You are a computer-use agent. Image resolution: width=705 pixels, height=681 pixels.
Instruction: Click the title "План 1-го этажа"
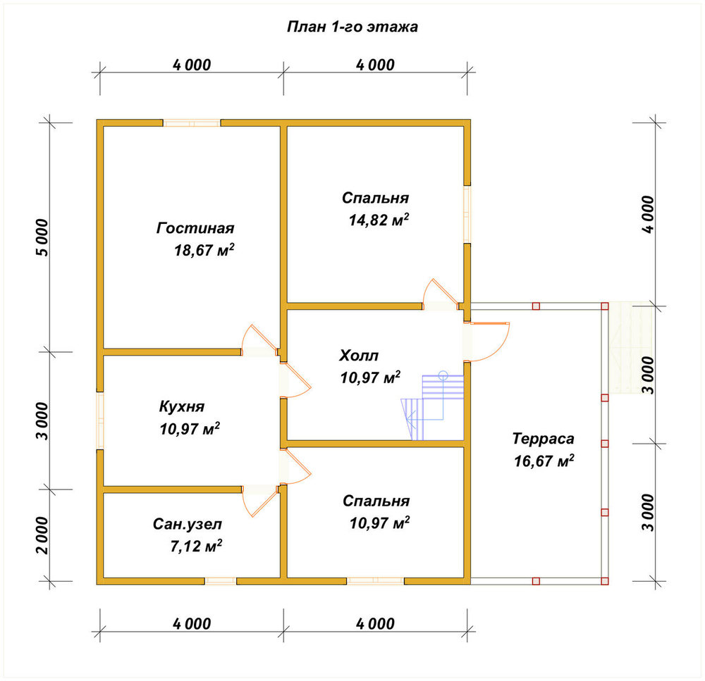click(352, 27)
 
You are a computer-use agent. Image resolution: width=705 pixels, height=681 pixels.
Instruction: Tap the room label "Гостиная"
click(195, 228)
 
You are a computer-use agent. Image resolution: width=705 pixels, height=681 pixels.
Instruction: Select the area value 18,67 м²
click(204, 250)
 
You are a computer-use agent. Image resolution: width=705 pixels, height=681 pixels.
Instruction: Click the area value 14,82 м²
click(379, 220)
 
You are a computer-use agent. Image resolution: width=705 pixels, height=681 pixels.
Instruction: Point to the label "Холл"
click(359, 356)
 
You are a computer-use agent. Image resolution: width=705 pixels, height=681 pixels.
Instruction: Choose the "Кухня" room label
click(182, 406)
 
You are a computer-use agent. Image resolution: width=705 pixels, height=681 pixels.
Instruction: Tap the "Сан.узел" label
click(188, 524)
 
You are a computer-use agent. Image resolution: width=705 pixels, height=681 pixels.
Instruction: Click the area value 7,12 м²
click(196, 546)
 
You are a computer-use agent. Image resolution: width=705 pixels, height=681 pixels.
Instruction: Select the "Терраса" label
click(543, 439)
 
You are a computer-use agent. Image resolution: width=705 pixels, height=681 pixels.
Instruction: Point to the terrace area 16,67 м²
click(544, 461)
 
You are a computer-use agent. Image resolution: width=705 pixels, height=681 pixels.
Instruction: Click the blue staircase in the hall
click(433, 407)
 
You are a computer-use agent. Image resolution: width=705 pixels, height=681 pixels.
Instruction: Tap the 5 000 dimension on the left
click(42, 237)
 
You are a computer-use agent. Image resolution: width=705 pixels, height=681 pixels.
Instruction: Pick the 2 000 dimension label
click(42, 535)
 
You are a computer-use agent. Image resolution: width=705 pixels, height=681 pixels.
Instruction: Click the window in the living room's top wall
click(192, 123)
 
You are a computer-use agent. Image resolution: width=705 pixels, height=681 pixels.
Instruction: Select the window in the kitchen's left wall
click(100, 420)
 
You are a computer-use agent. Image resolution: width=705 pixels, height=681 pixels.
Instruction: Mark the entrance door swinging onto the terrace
click(488, 342)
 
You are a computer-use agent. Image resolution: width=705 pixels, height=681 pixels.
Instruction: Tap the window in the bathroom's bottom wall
click(221, 581)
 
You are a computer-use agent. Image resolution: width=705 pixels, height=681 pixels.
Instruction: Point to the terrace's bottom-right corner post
click(605, 581)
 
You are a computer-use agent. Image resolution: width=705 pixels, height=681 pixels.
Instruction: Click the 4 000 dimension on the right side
click(648, 214)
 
